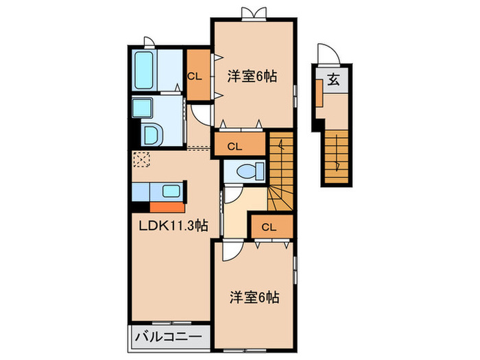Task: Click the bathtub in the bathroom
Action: (x=144, y=71)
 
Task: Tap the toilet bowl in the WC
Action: (x=246, y=171)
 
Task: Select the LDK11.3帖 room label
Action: (x=173, y=226)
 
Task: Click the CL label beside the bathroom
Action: (x=195, y=77)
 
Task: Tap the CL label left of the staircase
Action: (x=235, y=147)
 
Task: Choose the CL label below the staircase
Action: (x=269, y=227)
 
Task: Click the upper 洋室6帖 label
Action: (x=252, y=77)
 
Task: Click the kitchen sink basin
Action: (x=171, y=191)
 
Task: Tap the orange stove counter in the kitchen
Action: (x=167, y=207)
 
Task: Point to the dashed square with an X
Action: (x=141, y=160)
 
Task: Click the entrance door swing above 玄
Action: (x=328, y=55)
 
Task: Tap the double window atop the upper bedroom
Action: (x=254, y=14)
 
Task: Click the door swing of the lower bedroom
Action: (x=233, y=250)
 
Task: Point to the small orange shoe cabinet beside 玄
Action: (x=320, y=93)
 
